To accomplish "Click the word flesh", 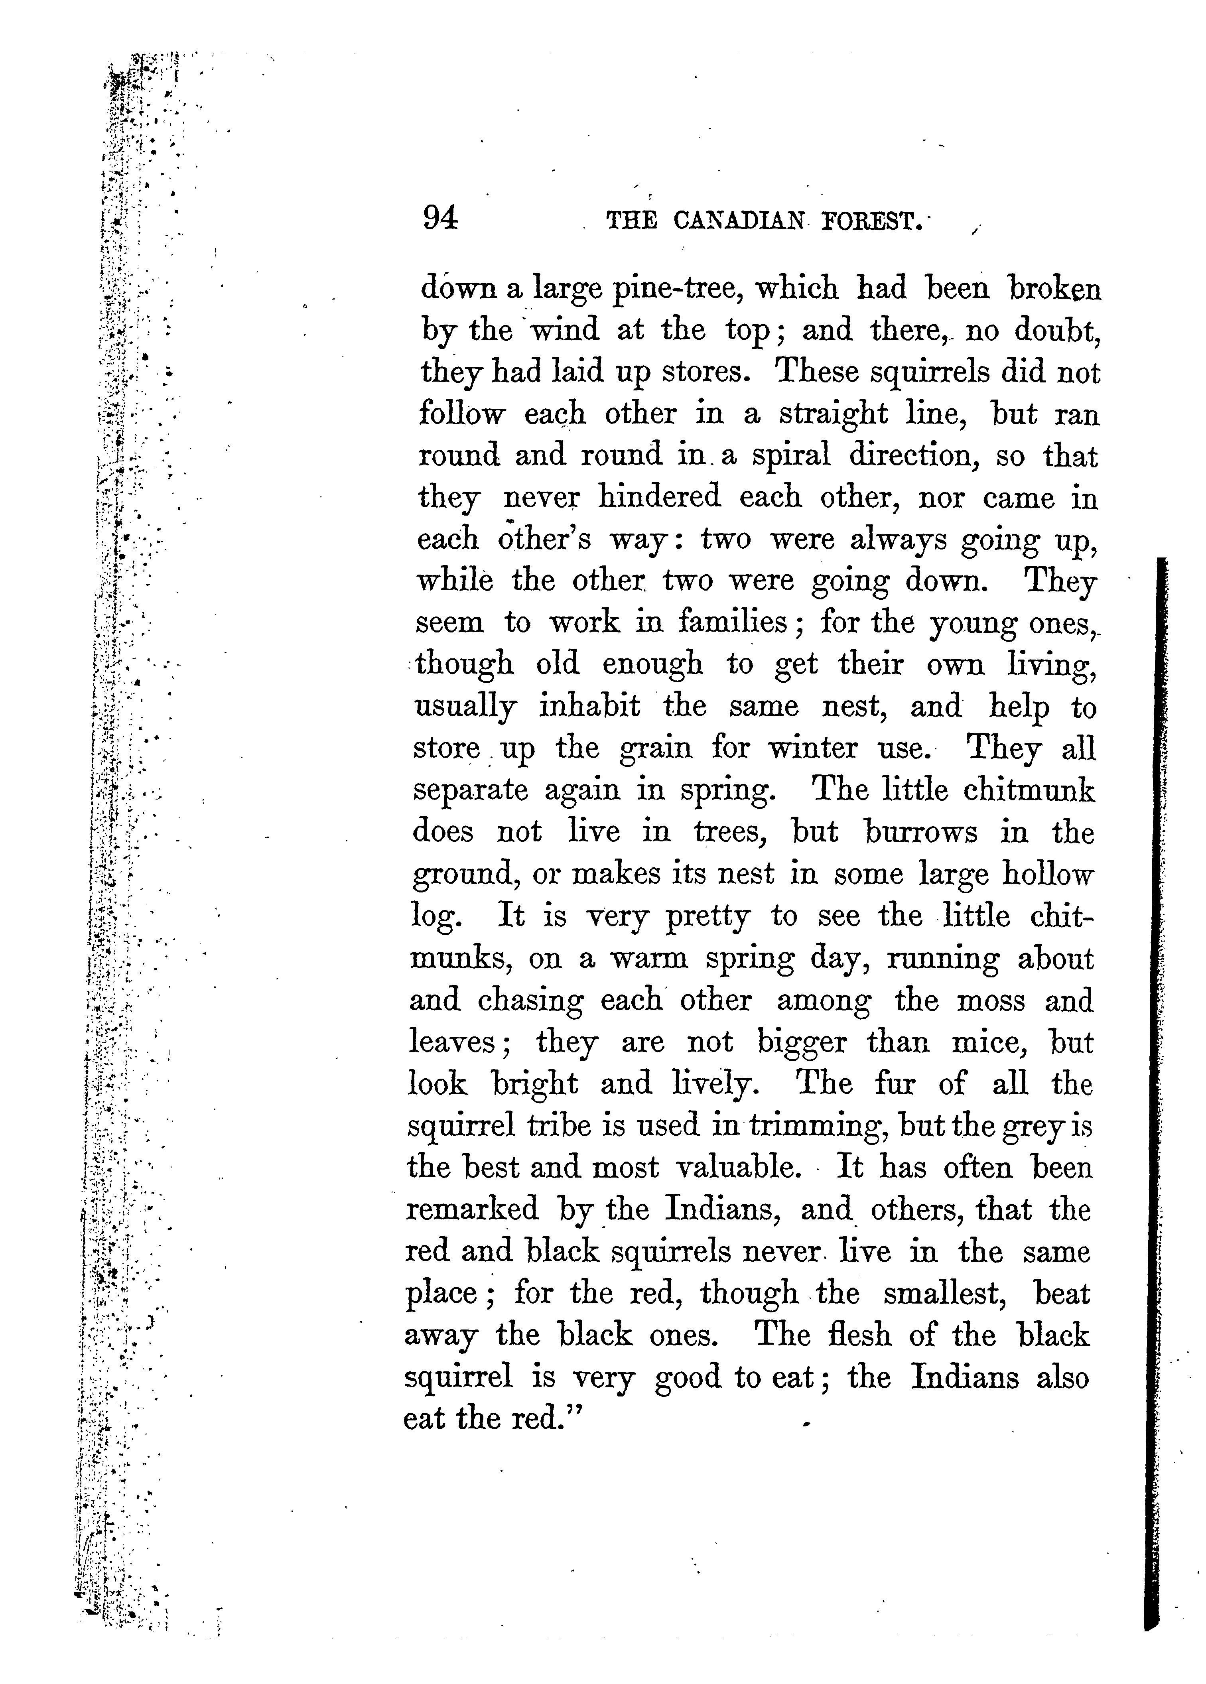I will pos(860,1335).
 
